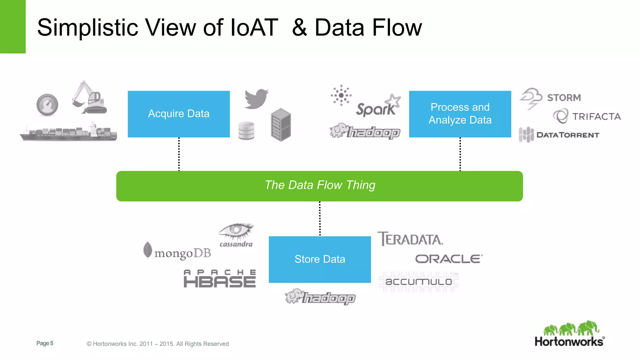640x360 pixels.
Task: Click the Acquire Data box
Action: click(x=179, y=114)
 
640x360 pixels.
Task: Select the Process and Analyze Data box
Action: click(x=460, y=114)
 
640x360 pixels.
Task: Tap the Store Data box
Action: click(x=320, y=259)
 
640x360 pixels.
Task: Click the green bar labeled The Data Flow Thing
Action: click(x=319, y=186)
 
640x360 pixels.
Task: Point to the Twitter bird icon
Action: click(x=256, y=99)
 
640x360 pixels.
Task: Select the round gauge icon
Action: click(x=47, y=105)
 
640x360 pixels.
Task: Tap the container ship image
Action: click(x=69, y=133)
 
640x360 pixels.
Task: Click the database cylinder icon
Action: click(x=246, y=131)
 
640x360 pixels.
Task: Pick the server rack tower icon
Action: click(x=281, y=125)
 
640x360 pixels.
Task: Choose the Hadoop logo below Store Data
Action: click(x=320, y=297)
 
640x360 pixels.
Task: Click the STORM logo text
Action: click(x=564, y=98)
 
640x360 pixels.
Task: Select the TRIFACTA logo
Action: click(x=587, y=117)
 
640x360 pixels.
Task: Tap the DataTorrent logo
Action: click(x=559, y=135)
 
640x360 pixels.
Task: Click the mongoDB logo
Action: click(x=177, y=252)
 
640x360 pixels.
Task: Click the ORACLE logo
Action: click(x=449, y=259)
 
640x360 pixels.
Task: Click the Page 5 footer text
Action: click(x=45, y=343)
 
